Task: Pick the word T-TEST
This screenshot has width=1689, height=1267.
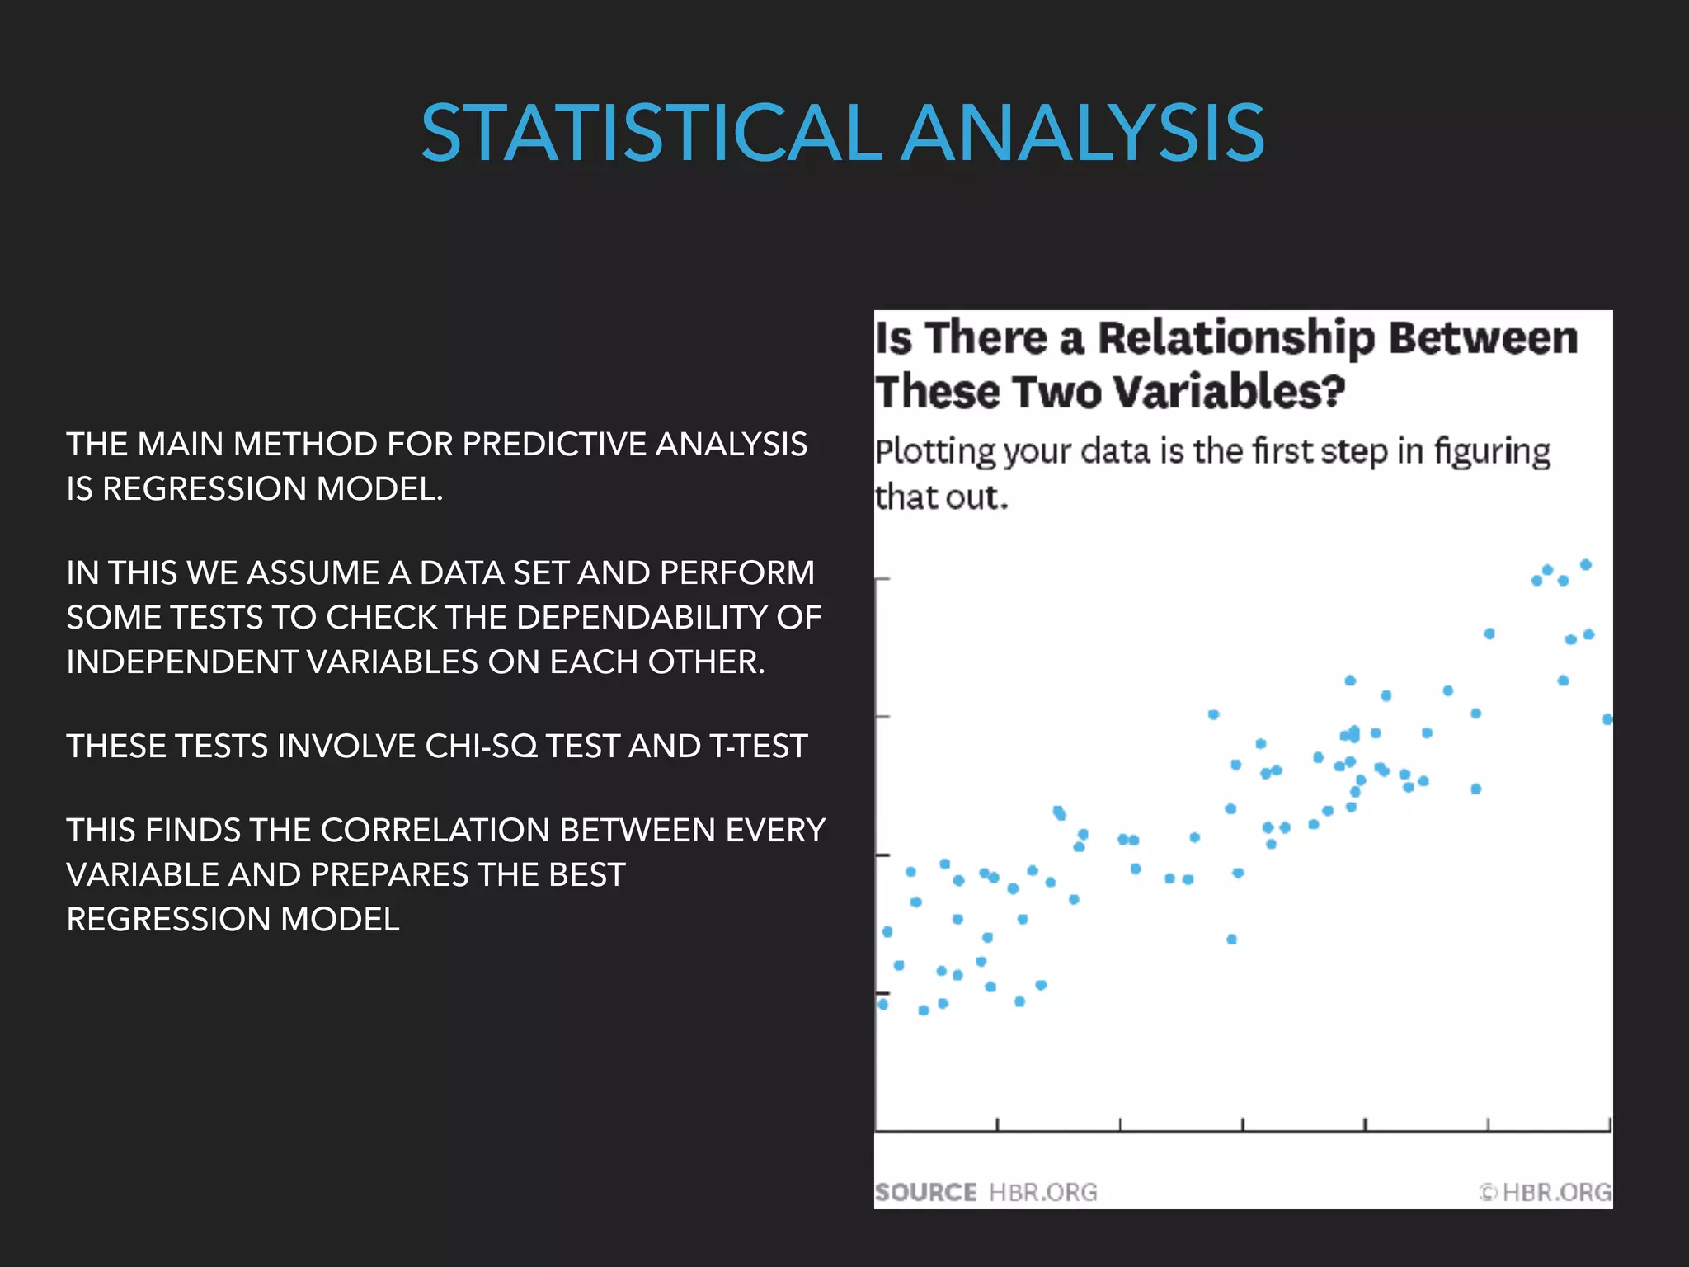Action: pyautogui.click(x=757, y=747)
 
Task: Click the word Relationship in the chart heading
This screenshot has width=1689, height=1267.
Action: pyautogui.click(x=1235, y=338)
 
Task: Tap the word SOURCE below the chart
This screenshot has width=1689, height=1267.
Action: pyautogui.click(x=925, y=1192)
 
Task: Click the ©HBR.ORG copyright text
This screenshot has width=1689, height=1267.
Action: pyautogui.click(x=1546, y=1192)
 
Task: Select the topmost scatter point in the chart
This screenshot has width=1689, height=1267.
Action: pyautogui.click(x=1585, y=565)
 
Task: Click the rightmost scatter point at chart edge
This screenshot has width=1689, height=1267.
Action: pyautogui.click(x=1607, y=719)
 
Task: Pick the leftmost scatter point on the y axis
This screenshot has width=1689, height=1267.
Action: pyautogui.click(x=882, y=1004)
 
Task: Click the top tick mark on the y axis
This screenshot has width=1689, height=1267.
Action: pyautogui.click(x=882, y=579)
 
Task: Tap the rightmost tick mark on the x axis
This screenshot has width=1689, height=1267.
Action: pyautogui.click(x=1609, y=1124)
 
